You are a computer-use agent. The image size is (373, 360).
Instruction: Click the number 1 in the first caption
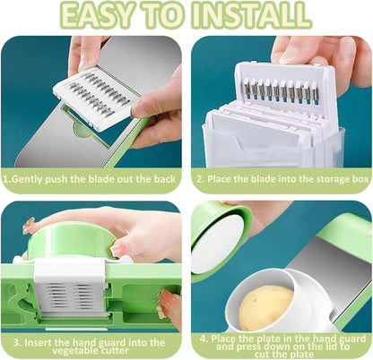[x=6, y=177]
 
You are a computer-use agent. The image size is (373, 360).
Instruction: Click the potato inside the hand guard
[x=266, y=306]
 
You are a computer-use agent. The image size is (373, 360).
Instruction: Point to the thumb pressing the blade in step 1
[x=146, y=105]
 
